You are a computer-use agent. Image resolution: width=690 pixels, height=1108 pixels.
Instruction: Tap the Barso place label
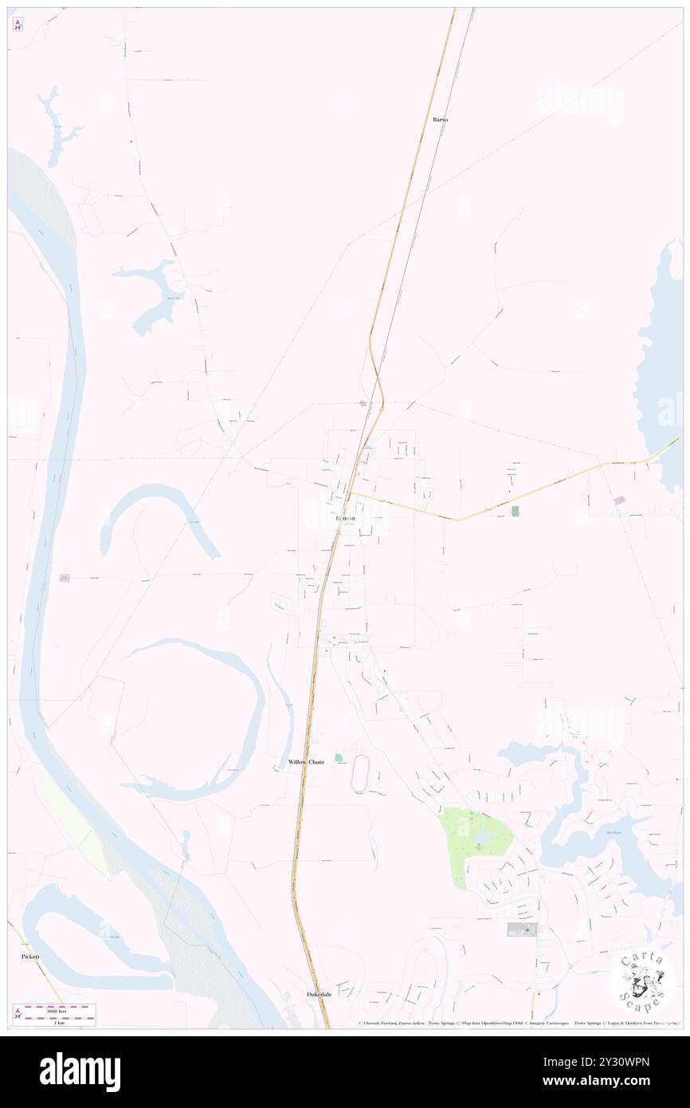tap(440, 120)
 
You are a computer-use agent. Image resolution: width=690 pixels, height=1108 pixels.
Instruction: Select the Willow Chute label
tap(306, 762)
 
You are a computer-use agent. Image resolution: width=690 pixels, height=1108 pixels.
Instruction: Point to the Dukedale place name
tap(319, 994)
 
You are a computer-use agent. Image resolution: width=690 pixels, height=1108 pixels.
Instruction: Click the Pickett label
tap(31, 956)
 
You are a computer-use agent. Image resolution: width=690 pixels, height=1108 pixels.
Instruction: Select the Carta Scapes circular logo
tap(642, 982)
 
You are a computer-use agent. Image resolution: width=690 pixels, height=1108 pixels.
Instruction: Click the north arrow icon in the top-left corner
tap(18, 24)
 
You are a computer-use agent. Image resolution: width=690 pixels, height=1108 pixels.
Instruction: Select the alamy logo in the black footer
tap(80, 1071)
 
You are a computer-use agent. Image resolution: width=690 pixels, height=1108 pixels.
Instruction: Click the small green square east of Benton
tap(515, 510)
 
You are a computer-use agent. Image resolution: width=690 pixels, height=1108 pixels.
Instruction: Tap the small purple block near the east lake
tap(619, 500)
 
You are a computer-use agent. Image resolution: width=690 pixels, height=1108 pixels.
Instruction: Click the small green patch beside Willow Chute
tap(339, 757)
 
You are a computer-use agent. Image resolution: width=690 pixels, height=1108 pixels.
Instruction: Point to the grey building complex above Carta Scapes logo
tap(522, 929)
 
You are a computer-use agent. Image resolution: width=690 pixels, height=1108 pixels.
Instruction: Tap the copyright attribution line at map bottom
tap(518, 1023)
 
